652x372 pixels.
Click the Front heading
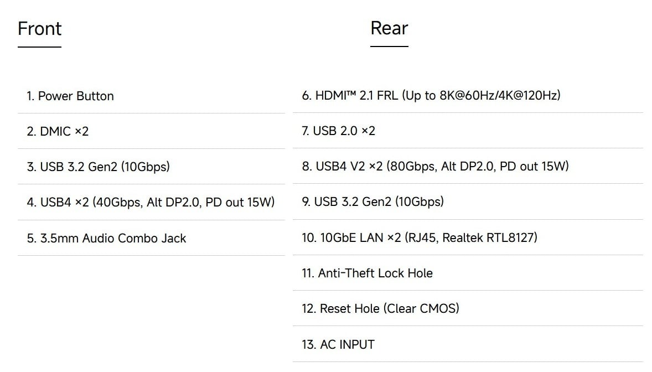point(39,29)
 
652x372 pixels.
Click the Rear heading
point(389,28)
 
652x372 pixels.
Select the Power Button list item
point(70,96)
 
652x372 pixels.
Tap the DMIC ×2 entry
point(58,132)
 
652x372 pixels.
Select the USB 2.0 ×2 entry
point(339,131)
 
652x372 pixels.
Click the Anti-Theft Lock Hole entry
point(367,273)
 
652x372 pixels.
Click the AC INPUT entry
point(338,344)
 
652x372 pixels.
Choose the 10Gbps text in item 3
point(146,167)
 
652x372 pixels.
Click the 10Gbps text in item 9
point(420,202)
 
